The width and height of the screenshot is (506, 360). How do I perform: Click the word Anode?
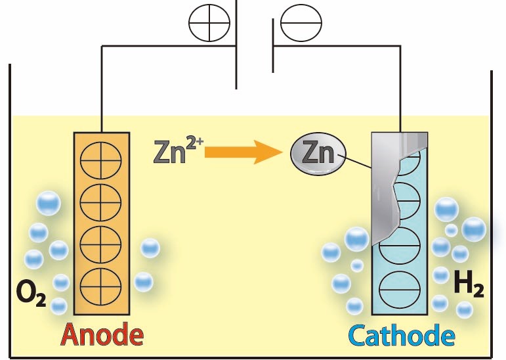pos(102,335)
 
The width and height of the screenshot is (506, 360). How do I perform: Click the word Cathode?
pos(401,336)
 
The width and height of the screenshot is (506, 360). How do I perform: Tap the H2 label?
pos(469,286)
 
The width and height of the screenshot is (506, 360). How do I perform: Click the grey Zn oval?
pos(316,154)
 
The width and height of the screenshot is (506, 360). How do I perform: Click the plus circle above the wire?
pos(209,24)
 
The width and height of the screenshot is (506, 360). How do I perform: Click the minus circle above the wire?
pos(301,24)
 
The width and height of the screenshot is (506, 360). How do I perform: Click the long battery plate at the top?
pos(236,46)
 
